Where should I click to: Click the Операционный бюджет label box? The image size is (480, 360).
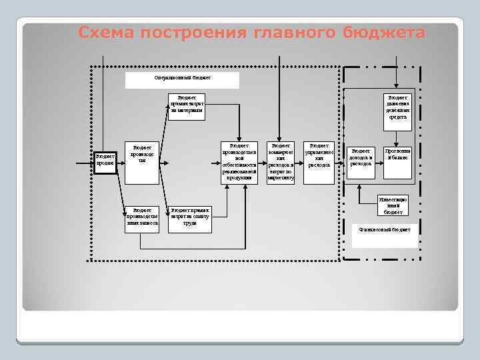click(x=182, y=79)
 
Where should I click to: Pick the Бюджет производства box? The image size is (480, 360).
click(x=142, y=154)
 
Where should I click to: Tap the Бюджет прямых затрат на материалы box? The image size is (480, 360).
click(x=187, y=107)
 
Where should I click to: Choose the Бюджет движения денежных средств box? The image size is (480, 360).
click(x=399, y=107)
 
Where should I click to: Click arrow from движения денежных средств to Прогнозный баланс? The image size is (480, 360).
click(x=398, y=135)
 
